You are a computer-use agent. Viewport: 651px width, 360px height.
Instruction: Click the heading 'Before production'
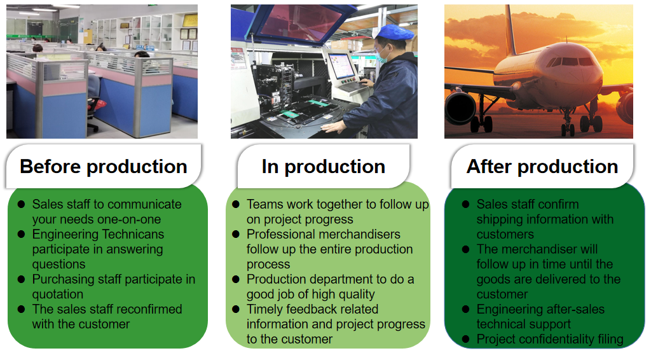click(104, 167)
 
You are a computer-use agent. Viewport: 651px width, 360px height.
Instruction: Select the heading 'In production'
click(323, 167)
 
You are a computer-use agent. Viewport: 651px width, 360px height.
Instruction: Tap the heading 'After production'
click(542, 167)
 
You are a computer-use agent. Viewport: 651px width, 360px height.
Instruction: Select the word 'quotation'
click(58, 294)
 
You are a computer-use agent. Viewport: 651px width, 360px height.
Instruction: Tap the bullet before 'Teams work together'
click(235, 205)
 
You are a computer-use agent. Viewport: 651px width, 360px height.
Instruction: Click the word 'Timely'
click(266, 309)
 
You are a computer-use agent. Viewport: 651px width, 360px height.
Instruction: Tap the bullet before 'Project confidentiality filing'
click(465, 339)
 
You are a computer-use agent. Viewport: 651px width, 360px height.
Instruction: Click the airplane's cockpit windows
click(570, 62)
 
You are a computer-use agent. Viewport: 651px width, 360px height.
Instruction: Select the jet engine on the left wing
click(460, 107)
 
